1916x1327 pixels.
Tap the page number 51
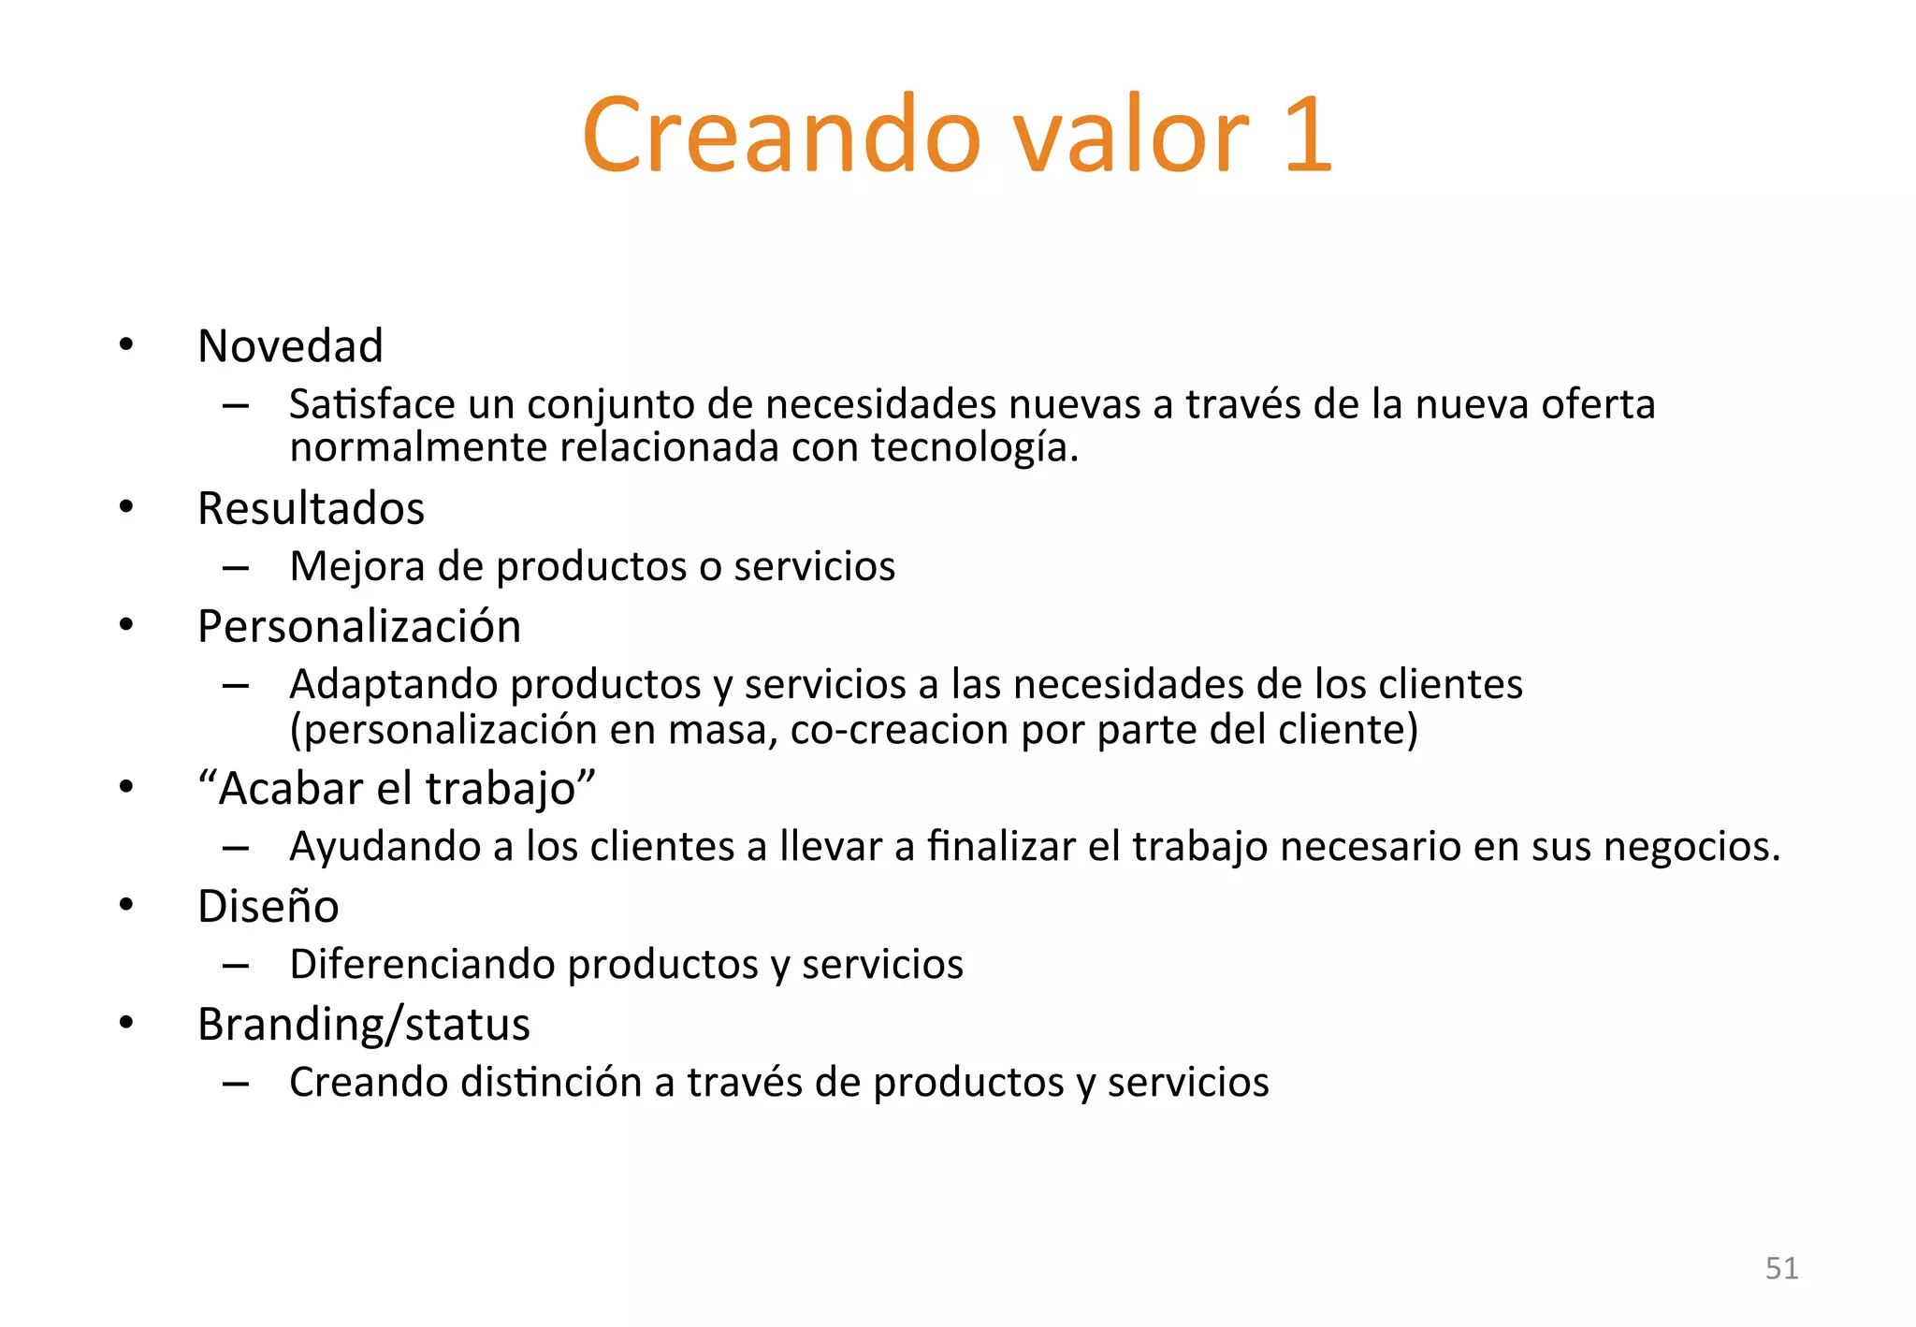(1781, 1268)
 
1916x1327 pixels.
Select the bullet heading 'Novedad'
(290, 346)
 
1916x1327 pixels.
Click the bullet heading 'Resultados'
(311, 508)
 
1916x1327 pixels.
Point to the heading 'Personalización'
(359, 626)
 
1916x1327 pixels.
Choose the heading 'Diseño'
(268, 906)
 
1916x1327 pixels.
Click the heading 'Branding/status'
(363, 1024)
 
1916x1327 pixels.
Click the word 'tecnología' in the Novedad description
(969, 447)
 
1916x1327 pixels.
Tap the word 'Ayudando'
(385, 847)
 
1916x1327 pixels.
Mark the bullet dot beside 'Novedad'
(126, 345)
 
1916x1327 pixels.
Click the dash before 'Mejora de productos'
(236, 568)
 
